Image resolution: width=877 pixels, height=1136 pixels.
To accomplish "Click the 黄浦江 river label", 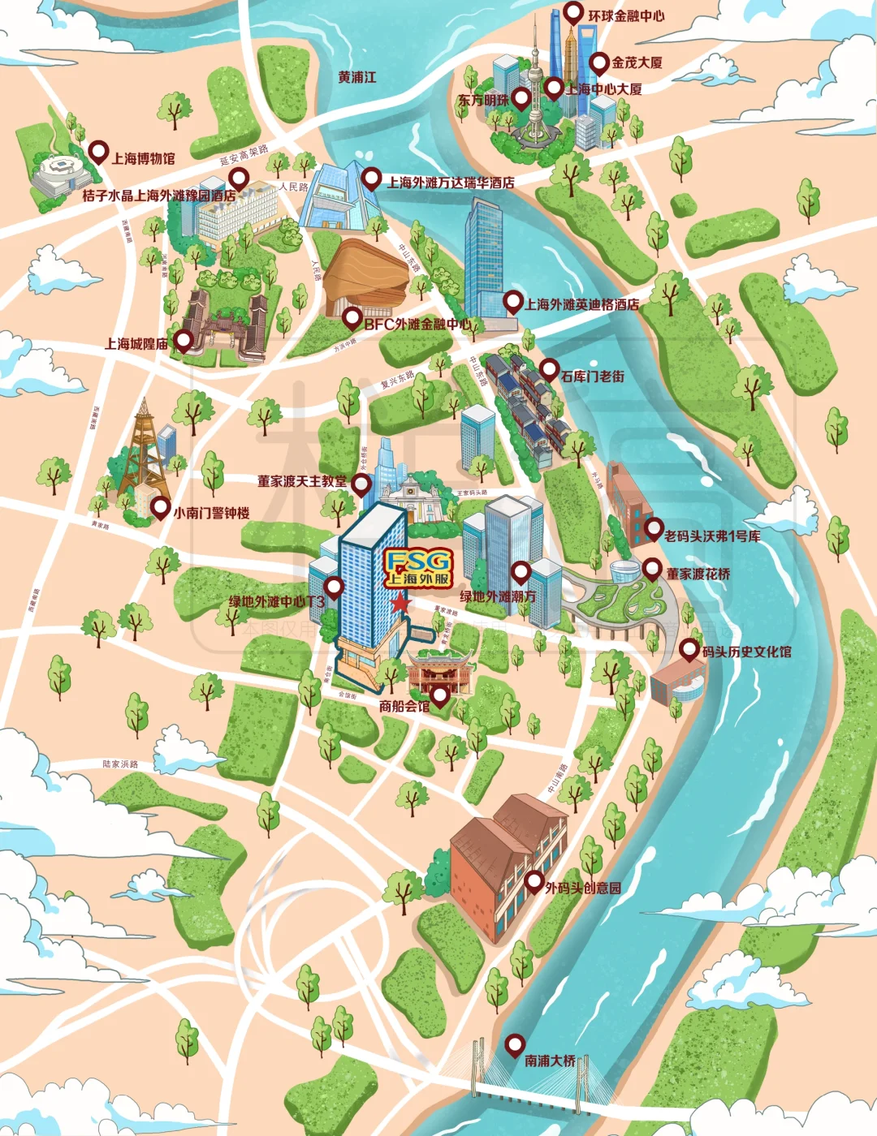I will click(x=357, y=77).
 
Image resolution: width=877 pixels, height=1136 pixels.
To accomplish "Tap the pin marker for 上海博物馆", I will click(x=98, y=151).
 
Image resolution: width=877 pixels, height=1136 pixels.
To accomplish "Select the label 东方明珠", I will click(x=483, y=100).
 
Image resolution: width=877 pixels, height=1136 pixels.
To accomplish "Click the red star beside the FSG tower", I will click(x=400, y=603).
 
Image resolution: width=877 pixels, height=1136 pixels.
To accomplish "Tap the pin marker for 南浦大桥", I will click(x=513, y=1044).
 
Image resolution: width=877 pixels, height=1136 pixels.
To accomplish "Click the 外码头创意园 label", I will click(x=583, y=888).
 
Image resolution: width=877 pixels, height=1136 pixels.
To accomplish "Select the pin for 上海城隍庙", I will click(x=184, y=341).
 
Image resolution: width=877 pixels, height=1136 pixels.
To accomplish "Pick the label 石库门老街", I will click(x=593, y=376).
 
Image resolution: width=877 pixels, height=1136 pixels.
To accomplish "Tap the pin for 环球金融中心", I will click(x=573, y=13).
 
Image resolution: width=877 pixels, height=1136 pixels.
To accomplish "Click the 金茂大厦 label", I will click(x=637, y=62).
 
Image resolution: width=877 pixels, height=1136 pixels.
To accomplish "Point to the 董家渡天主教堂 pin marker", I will click(x=361, y=484).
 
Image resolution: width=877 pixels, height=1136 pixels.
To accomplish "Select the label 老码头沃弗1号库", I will click(x=712, y=536).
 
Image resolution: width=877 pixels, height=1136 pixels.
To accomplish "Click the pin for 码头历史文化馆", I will click(x=689, y=648).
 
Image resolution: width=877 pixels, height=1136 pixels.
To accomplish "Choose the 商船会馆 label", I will click(x=404, y=706).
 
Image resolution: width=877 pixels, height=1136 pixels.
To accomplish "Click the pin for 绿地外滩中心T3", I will click(x=334, y=587).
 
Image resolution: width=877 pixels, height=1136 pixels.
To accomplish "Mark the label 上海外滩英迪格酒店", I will click(x=581, y=304).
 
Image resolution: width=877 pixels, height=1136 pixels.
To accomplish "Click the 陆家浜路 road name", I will click(x=120, y=764).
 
